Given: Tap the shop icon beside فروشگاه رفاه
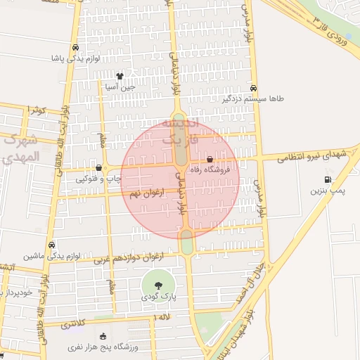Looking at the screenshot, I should (210, 160).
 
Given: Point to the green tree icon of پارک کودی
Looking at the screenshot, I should (158, 285).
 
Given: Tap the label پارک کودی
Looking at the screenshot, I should (158, 297).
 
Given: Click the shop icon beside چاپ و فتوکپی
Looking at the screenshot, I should (98, 168).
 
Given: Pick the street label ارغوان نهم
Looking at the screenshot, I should (144, 191).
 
